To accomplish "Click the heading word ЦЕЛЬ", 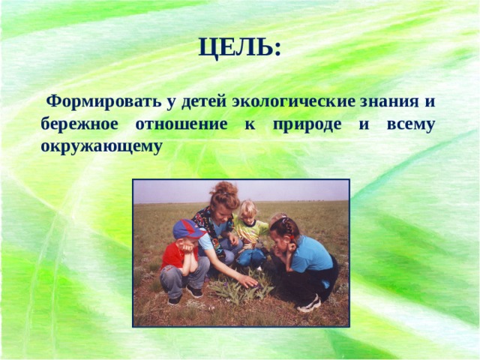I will click(240, 48).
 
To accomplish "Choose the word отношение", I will click(180, 124).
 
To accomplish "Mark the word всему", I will click(410, 124).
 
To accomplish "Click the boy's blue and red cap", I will click(187, 229).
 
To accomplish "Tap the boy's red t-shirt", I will click(173, 256).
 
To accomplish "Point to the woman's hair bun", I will click(223, 188).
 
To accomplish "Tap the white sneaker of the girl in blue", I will click(309, 304).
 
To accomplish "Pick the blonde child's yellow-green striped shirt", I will click(251, 232).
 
